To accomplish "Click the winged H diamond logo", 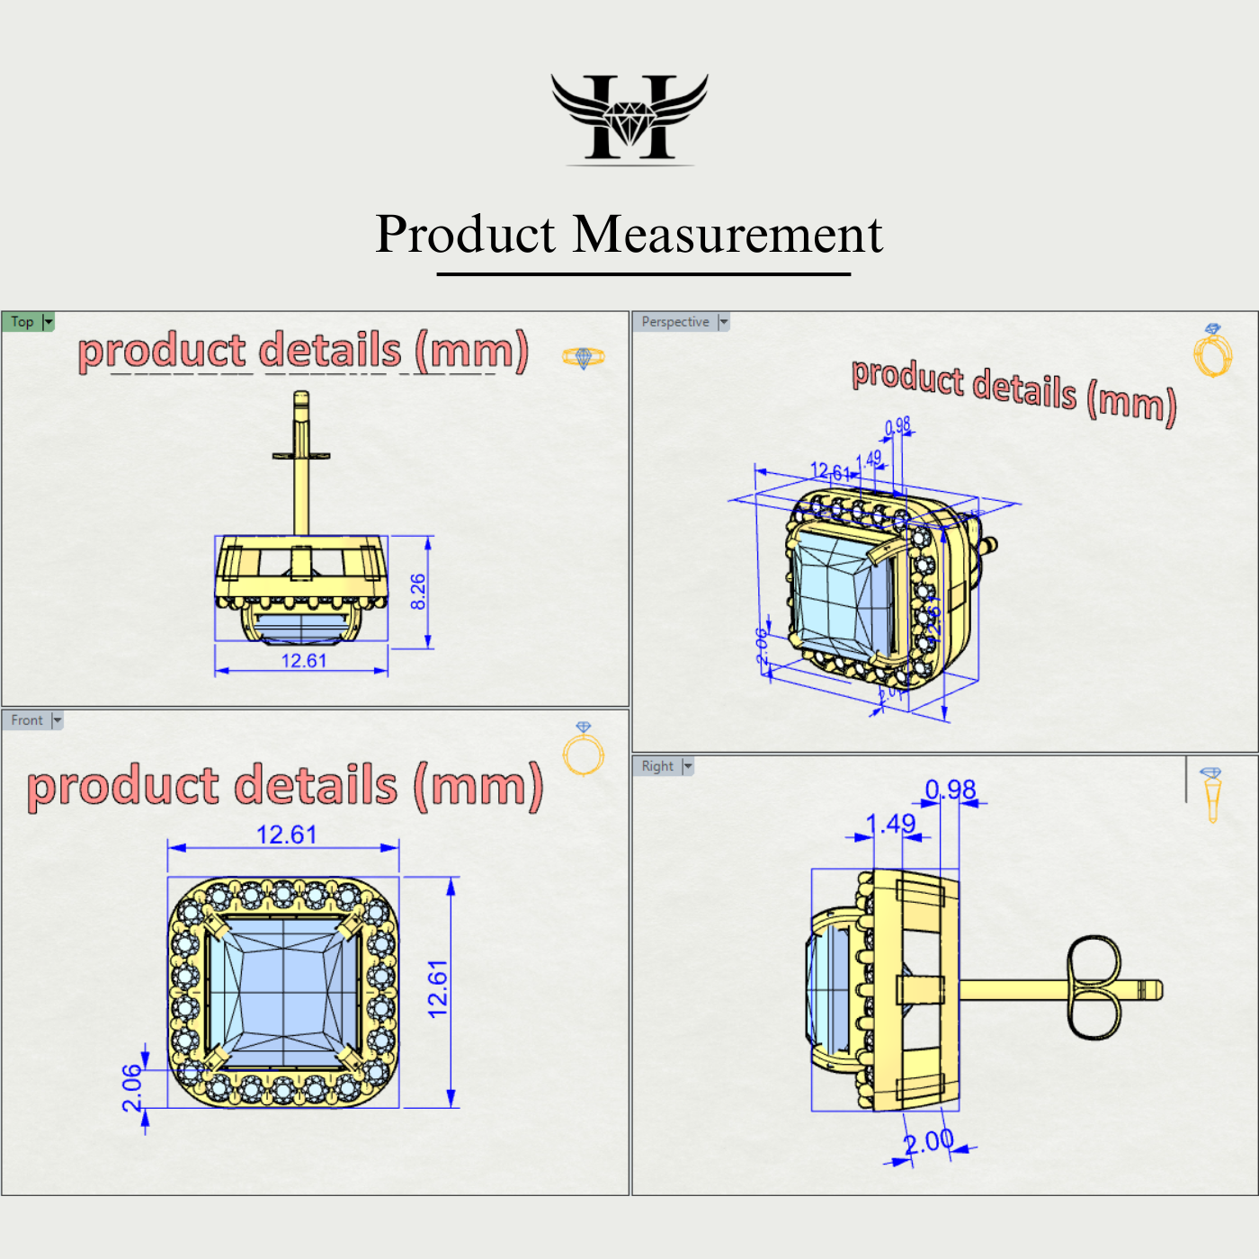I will coord(629,118).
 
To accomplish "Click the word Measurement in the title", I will coord(728,235).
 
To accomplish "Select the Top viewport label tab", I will coord(23,322).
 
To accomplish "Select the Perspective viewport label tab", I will coord(675,322).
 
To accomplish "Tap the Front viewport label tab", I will coord(27,720).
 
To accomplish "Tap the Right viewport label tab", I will coord(657,766).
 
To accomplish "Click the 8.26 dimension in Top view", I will coord(418,591).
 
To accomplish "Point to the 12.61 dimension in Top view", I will coord(303,661).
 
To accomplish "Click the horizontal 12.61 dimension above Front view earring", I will coord(286,835).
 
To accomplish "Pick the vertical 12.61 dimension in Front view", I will coord(438,989).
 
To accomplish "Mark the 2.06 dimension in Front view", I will coord(132,1088).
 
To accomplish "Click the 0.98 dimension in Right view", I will coord(951,790).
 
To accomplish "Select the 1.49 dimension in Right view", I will coord(890,824).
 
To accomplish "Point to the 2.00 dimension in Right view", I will coord(928,1142).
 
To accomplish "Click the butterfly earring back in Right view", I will coord(1094,987).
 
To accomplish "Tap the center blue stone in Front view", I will coord(283,993).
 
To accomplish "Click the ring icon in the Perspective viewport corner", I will coord(1212,352).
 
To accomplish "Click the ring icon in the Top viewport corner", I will coord(584,358).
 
